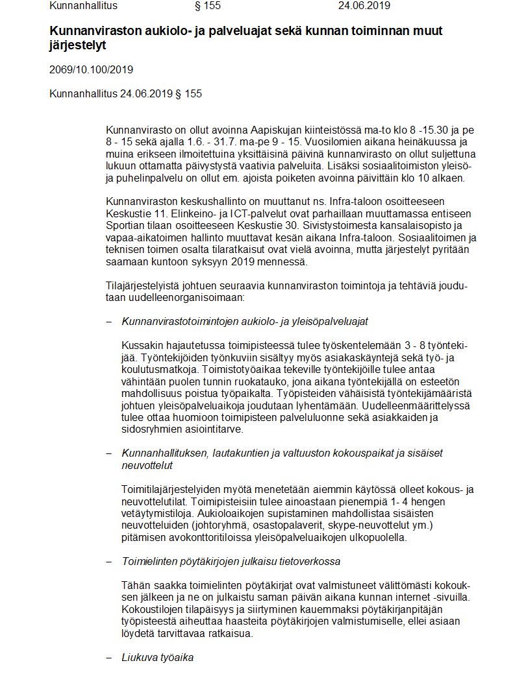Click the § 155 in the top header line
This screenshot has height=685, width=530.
(x=208, y=6)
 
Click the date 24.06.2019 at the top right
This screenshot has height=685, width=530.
(x=364, y=6)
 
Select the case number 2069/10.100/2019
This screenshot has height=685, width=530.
(x=92, y=69)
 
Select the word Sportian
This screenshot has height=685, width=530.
(x=124, y=224)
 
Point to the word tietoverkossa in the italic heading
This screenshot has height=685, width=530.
(x=308, y=561)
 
